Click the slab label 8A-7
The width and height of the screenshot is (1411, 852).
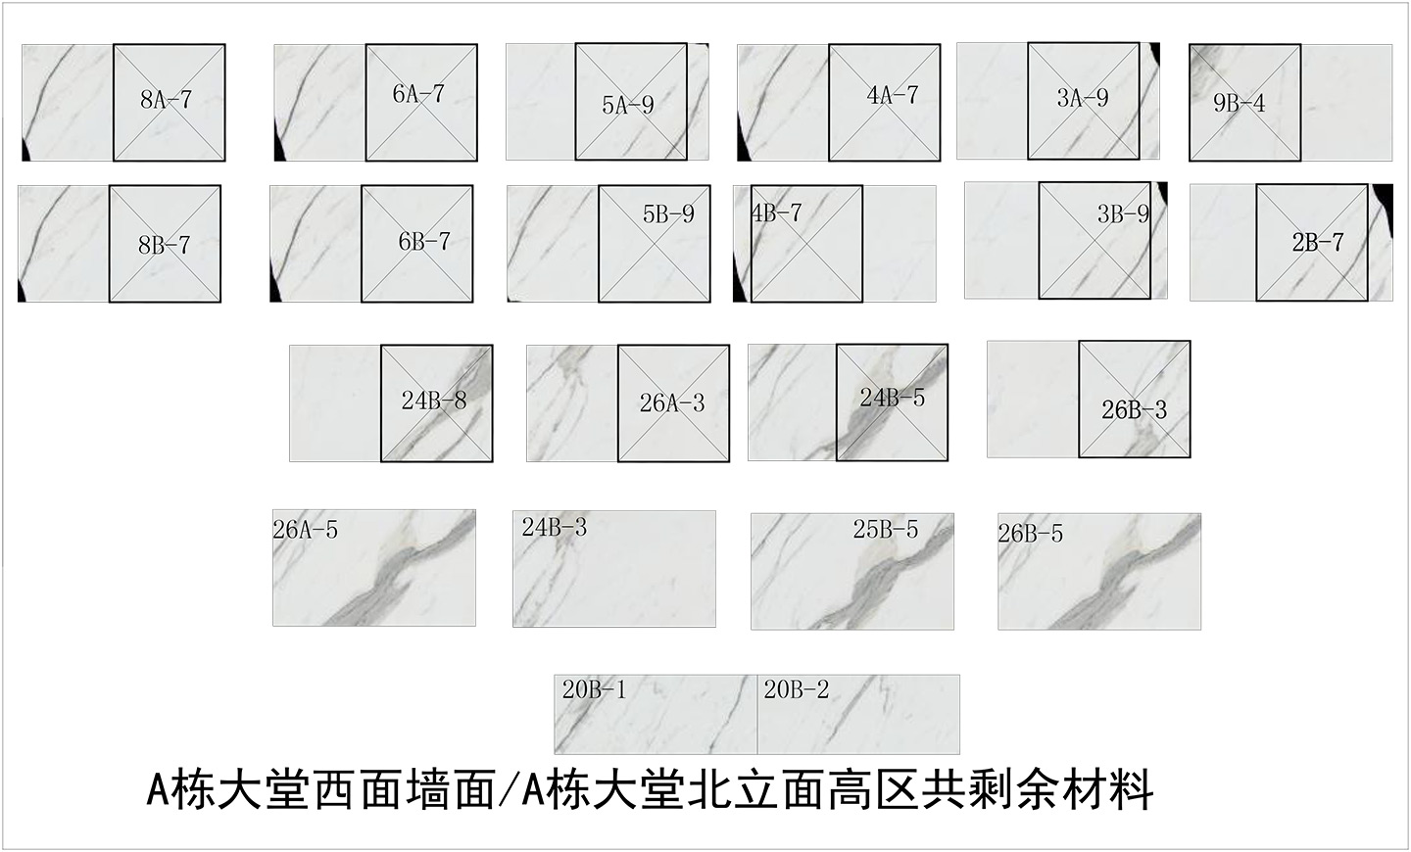pyautogui.click(x=166, y=99)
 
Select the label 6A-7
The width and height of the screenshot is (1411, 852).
pyautogui.click(x=418, y=94)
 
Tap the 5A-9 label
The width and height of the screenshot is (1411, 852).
pyautogui.click(x=628, y=104)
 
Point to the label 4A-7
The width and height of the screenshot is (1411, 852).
pyautogui.click(x=893, y=95)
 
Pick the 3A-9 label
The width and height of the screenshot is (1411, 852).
pyautogui.click(x=1083, y=98)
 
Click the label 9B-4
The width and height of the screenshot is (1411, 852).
pyautogui.click(x=1239, y=103)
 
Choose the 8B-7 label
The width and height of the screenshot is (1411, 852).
pyautogui.click(x=164, y=245)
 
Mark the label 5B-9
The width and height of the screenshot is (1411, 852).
pyautogui.click(x=668, y=214)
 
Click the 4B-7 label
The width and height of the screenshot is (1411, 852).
pyautogui.click(x=777, y=213)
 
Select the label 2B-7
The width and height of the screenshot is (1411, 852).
pyautogui.click(x=1317, y=242)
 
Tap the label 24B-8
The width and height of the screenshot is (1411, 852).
pyautogui.click(x=433, y=400)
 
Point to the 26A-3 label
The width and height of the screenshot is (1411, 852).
pyautogui.click(x=672, y=402)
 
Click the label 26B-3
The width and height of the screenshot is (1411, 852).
pyautogui.click(x=1134, y=409)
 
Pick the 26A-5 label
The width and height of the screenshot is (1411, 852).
pyautogui.click(x=305, y=530)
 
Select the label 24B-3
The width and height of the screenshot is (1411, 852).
pyautogui.click(x=554, y=527)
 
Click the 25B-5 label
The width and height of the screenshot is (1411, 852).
pyautogui.click(x=885, y=530)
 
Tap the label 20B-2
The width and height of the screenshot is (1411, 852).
pyautogui.click(x=796, y=689)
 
